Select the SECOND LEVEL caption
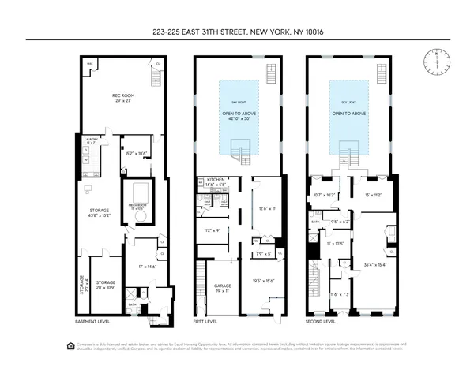click(x=320, y=322)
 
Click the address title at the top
click(x=236, y=32)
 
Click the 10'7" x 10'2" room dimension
click(x=325, y=194)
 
